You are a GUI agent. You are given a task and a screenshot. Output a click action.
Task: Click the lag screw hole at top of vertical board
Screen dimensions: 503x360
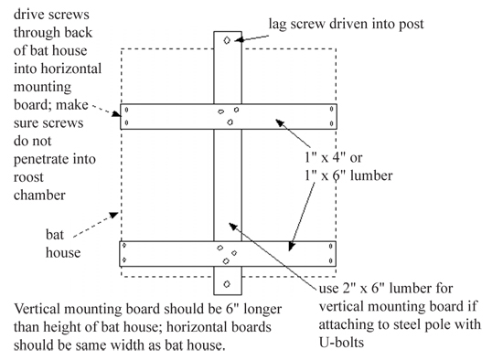pos(227,40)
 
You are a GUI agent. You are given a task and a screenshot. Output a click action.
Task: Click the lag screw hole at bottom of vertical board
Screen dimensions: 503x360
pos(227,284)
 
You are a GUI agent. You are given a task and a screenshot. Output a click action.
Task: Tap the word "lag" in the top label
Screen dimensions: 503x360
pos(277,25)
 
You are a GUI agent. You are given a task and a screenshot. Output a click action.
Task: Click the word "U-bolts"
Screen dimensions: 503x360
pos(341,343)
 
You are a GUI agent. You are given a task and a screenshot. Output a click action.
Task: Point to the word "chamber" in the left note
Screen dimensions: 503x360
pos(39,195)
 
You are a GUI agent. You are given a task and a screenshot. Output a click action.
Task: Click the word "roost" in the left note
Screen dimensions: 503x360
pos(28,177)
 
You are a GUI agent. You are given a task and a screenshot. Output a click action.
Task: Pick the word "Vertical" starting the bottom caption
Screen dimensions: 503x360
pos(37,309)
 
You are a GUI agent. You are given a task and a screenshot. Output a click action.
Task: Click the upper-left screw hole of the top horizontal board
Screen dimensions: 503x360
pos(127,110)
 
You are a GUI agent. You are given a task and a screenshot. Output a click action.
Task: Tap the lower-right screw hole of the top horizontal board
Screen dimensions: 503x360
pos(331,123)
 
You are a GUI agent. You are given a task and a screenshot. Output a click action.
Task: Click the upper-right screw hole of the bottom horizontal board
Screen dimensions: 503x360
pos(331,246)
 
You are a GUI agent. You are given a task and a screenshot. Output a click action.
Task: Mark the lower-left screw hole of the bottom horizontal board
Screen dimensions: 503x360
pos(124,260)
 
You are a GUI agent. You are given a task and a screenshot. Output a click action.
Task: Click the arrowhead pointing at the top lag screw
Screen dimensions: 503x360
pos(240,39)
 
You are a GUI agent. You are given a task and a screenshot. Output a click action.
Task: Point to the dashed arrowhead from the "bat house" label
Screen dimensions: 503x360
pos(114,215)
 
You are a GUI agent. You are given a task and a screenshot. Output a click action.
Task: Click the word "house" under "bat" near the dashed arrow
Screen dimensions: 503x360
pos(63,252)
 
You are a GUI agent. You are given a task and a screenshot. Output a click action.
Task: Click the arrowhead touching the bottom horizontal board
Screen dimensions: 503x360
pos(291,246)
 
